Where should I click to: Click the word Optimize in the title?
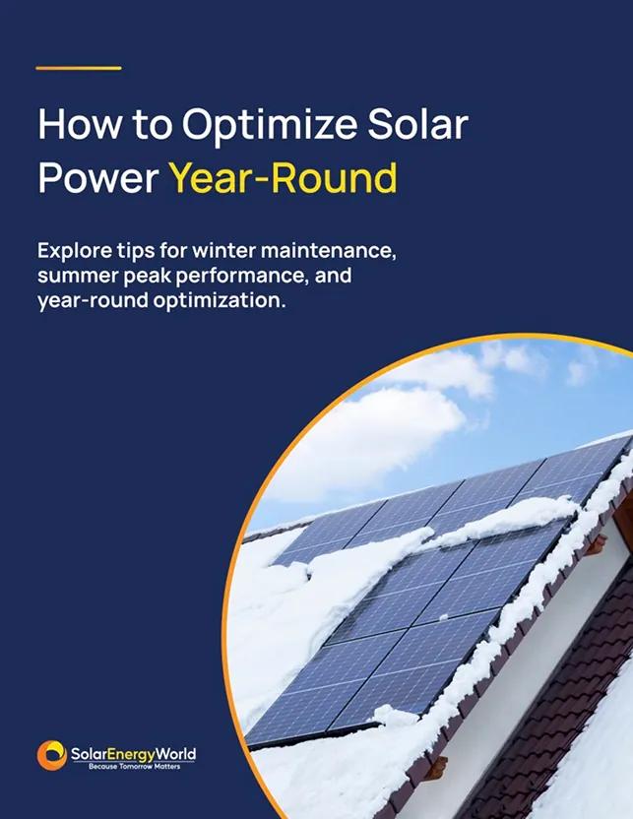point(270,126)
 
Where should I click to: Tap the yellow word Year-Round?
point(283,177)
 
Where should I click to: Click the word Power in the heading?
point(98,177)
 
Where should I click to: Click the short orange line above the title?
point(79,68)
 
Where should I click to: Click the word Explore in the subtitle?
point(67,251)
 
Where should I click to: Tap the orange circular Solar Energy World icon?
point(52,755)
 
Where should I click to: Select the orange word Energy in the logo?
point(132,755)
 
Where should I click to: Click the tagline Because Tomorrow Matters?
point(134,766)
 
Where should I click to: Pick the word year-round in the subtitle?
point(93,301)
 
